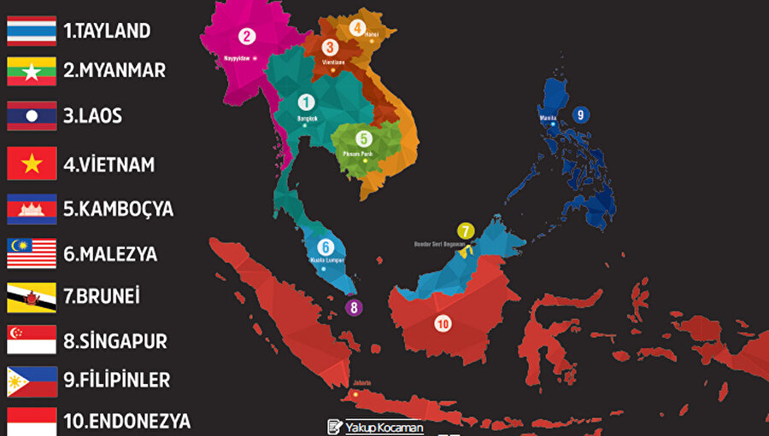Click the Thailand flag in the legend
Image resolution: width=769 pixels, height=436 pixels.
coord(32,31)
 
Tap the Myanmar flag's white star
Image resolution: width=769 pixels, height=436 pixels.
coord(32,72)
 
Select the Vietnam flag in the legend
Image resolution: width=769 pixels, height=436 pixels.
coord(32,163)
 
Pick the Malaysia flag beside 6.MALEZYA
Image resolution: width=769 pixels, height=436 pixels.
coord(32,253)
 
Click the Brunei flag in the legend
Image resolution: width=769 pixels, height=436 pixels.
coord(32,297)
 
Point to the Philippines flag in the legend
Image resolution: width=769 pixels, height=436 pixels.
coord(32,381)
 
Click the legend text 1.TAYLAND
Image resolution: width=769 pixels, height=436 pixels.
coord(107,32)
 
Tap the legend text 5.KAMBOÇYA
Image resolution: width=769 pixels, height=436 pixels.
coord(118,209)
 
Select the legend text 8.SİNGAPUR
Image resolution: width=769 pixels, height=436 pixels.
coord(114,341)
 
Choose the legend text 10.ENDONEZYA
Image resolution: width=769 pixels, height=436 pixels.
coord(126,421)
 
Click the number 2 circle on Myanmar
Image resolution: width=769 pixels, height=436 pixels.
coord(247,36)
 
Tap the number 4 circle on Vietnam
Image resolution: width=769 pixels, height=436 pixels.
coord(357,27)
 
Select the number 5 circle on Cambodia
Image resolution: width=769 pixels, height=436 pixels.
coord(363,137)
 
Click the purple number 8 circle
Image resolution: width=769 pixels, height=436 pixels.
coord(354,308)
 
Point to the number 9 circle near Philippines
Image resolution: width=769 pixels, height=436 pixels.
coord(580,114)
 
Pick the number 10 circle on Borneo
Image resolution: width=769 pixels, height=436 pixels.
coord(442,323)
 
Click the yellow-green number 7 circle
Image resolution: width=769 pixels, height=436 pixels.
coord(465,230)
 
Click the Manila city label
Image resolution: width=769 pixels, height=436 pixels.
coord(549,118)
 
